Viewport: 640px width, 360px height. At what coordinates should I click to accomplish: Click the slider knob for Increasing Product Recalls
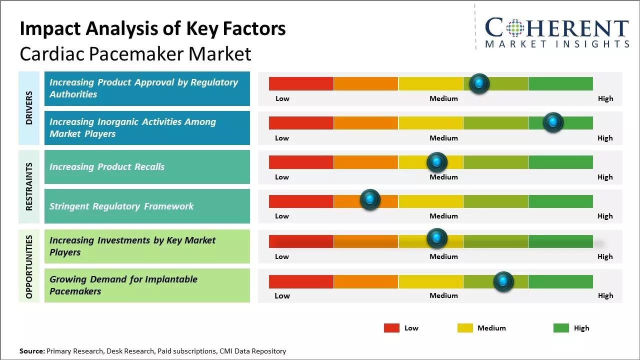click(437, 162)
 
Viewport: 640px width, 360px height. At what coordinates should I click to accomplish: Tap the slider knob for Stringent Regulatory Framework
click(370, 199)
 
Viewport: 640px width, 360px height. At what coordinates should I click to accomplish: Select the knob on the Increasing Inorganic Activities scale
click(553, 122)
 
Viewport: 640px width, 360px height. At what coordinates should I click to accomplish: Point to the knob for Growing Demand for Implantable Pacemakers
click(503, 281)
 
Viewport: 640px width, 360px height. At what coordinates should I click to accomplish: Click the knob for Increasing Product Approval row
click(479, 83)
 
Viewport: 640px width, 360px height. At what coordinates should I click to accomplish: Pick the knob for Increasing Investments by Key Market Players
click(437, 238)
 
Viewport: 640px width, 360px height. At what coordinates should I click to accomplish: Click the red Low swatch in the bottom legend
click(391, 328)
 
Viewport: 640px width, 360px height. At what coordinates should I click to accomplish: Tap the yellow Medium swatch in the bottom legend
click(465, 328)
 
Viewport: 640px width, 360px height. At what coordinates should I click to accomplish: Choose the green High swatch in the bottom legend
click(561, 328)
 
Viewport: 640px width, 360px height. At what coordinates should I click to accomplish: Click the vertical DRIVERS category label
click(29, 108)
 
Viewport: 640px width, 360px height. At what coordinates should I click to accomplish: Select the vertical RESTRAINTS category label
click(29, 186)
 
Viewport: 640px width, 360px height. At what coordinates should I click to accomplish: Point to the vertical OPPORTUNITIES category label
click(29, 267)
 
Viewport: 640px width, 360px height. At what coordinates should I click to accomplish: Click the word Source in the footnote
click(32, 351)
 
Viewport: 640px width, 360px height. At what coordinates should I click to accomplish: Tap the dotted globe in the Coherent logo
click(515, 28)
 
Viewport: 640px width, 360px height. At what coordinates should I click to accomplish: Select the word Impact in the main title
click(50, 29)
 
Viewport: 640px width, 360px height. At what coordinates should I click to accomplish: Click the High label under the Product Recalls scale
click(605, 177)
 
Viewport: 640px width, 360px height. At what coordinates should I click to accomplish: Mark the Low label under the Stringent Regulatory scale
click(282, 216)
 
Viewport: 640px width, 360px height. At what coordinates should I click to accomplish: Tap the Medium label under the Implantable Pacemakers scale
click(443, 295)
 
